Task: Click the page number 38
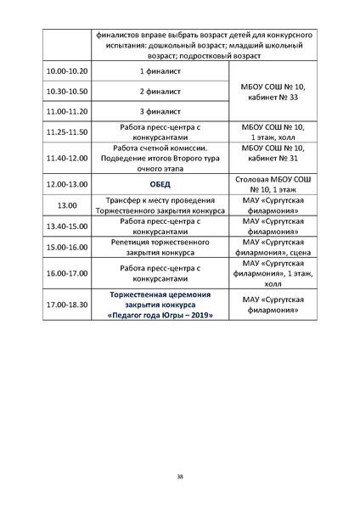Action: pyautogui.click(x=180, y=477)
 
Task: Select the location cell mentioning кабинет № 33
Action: pyautogui.click(x=269, y=92)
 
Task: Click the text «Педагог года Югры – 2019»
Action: pyautogui.click(x=160, y=315)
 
